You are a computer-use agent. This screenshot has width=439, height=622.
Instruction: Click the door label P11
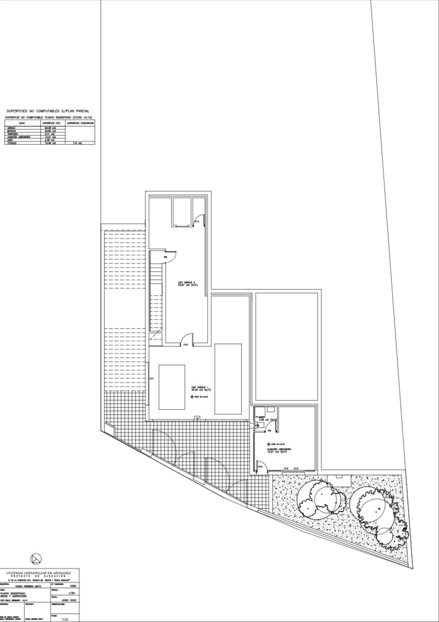[x=197, y=222]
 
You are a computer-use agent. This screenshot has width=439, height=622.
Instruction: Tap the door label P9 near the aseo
[x=270, y=431]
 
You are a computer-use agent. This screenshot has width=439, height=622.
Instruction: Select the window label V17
[x=151, y=379]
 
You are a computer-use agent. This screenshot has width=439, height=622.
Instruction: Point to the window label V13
[x=285, y=468]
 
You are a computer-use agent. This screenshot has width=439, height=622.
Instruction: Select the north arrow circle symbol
[x=36, y=558]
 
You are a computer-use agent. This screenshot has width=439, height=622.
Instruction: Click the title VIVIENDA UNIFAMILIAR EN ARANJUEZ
[x=38, y=573]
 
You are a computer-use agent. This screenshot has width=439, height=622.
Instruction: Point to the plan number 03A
[x=65, y=619]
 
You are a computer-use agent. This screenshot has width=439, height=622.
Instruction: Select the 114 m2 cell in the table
[x=77, y=143]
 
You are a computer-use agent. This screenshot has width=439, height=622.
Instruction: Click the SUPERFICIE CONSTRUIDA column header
[x=80, y=123]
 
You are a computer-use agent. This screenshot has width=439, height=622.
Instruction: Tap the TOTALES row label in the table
[x=12, y=143]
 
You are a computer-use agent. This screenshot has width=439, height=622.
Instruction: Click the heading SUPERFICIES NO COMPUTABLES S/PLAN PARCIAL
[x=48, y=111]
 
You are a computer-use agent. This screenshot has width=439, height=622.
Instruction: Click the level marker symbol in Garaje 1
[x=192, y=397]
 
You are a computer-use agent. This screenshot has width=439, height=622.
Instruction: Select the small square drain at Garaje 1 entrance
[x=197, y=418]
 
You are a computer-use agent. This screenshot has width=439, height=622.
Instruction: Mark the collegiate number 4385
[x=72, y=586]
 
